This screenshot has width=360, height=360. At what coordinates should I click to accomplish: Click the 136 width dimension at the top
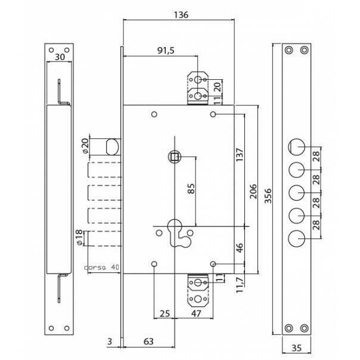pyautogui.click(x=181, y=15)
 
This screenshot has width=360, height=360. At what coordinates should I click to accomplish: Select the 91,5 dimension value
pyautogui.click(x=166, y=51)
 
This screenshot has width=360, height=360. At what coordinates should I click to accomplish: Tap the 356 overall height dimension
pyautogui.click(x=268, y=196)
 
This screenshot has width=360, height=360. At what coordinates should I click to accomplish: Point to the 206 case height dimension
pyautogui.click(x=253, y=191)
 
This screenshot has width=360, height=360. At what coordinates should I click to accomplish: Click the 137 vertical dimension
pyautogui.click(x=239, y=155)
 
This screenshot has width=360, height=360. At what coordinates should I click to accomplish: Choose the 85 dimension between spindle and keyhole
pyautogui.click(x=191, y=188)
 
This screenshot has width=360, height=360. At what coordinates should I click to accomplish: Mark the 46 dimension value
pyautogui.click(x=239, y=248)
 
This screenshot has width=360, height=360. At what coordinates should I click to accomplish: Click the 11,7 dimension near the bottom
pyautogui.click(x=239, y=285)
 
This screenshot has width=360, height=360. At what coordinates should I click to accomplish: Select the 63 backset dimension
pyautogui.click(x=148, y=342)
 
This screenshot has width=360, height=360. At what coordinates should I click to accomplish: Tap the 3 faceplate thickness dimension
pyautogui.click(x=110, y=342)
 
